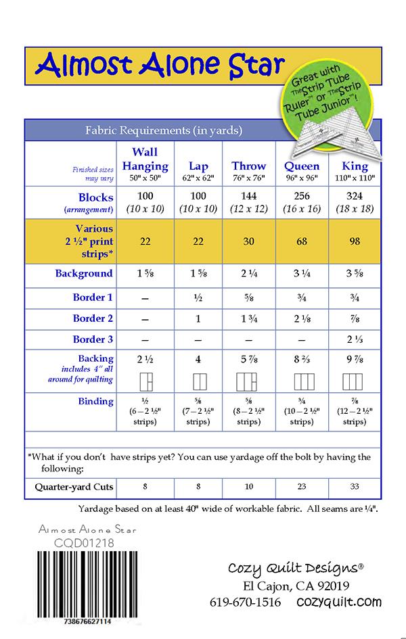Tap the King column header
355,166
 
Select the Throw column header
249,166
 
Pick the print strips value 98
355,241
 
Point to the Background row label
84,274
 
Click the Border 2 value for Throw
249,319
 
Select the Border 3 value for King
355,340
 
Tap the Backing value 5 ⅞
249,359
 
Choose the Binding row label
95,401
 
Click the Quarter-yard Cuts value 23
302,487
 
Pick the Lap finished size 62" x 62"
198,177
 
